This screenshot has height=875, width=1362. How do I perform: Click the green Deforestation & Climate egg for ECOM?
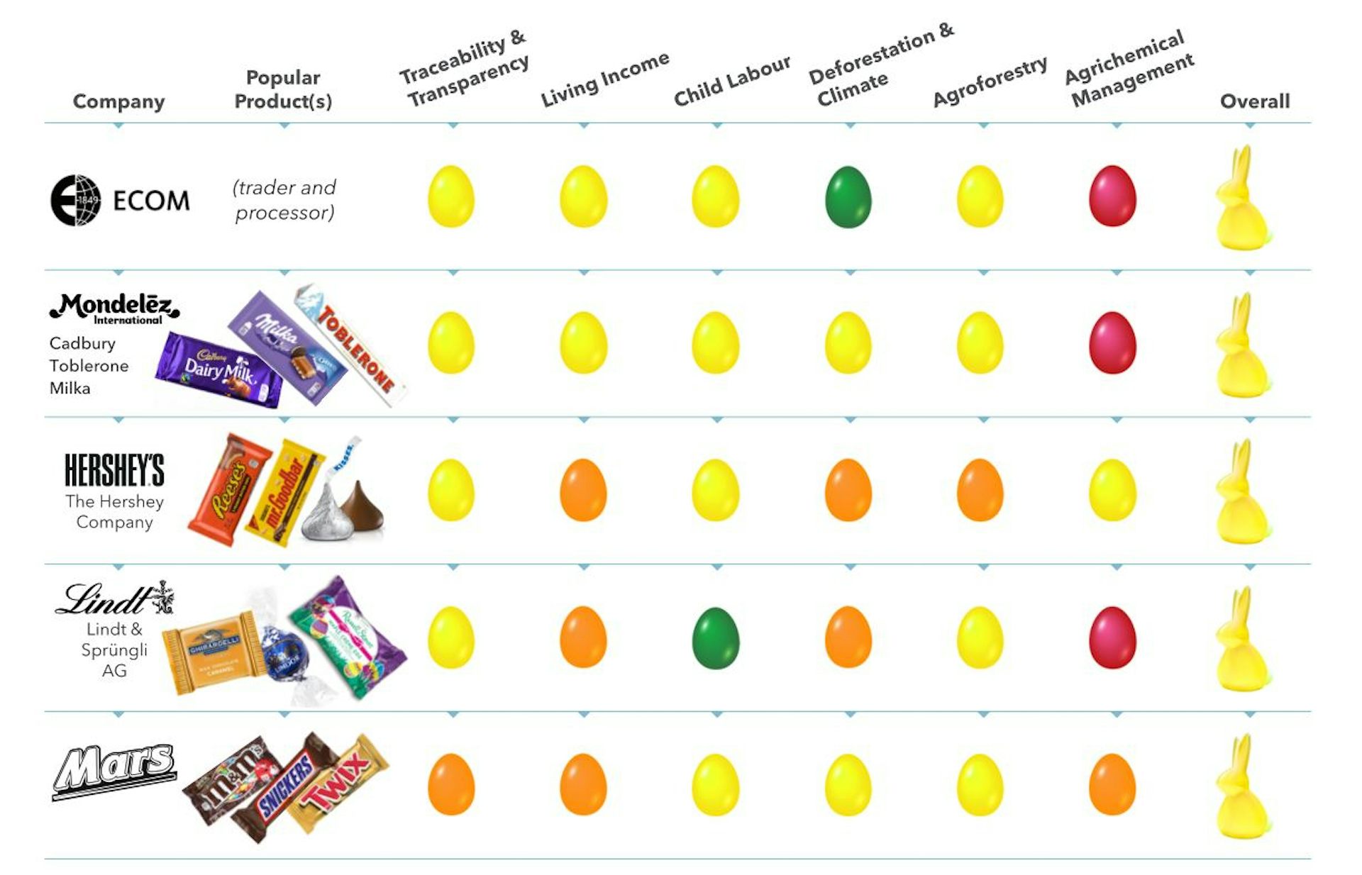(848, 197)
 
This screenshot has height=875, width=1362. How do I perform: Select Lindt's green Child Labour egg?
(715, 637)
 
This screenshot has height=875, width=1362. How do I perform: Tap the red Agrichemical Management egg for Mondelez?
(1112, 343)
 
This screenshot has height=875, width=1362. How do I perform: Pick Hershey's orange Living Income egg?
(583, 490)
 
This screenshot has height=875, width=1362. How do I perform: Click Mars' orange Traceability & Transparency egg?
(450, 784)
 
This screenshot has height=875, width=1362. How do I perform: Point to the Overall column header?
(1254, 101)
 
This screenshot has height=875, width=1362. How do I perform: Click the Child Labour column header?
(731, 80)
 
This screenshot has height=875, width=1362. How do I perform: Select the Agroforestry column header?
(990, 81)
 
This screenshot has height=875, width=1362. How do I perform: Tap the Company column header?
(118, 101)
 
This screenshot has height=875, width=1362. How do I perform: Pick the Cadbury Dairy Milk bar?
(219, 369)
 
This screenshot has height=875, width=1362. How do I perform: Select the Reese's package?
(229, 489)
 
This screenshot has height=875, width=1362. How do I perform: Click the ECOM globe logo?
(75, 201)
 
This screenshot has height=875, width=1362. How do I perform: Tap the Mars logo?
(115, 770)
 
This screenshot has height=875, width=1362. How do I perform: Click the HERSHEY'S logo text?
(114, 471)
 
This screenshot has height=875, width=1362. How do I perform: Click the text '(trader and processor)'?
(284, 200)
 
